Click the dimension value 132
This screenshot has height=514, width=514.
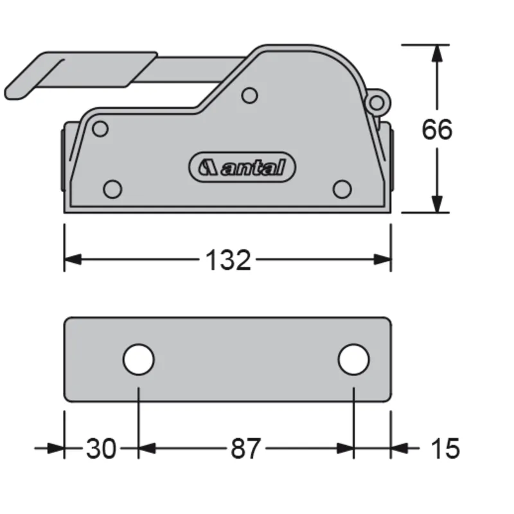(228, 260)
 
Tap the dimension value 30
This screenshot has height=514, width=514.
(101, 448)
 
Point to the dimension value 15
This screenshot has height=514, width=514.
(444, 448)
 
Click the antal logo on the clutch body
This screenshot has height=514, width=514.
(242, 168)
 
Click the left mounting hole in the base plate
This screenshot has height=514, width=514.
(139, 360)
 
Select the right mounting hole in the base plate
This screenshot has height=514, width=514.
(353, 360)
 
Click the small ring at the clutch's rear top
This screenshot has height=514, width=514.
(377, 102)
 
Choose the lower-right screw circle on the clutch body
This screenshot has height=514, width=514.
(342, 188)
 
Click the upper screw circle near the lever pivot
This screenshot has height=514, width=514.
(250, 96)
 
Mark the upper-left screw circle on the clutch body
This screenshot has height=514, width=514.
(100, 129)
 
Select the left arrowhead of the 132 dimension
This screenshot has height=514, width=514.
(73, 260)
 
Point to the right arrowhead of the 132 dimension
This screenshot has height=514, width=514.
(384, 260)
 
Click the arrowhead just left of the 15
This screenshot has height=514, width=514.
(400, 448)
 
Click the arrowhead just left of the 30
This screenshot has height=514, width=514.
(57, 448)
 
